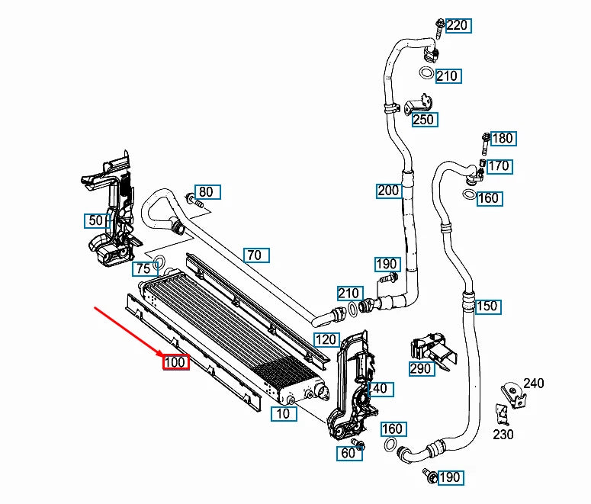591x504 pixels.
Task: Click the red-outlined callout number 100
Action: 175,361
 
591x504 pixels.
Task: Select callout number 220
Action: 458,25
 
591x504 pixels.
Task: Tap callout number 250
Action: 423,119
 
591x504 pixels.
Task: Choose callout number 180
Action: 503,138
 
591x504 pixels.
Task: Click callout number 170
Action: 499,165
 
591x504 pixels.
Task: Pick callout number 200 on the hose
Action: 388,190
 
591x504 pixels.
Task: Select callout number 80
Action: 207,192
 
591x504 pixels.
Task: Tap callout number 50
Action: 95,220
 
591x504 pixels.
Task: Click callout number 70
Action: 254,255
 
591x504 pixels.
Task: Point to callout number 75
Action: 143,268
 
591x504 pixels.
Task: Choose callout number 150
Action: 486,307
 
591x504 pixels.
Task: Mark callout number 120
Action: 326,339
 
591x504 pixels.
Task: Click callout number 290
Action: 421,368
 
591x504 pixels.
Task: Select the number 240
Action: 534,383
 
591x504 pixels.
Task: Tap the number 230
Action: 503,434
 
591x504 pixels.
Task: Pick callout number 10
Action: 283,414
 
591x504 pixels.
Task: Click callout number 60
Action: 348,453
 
